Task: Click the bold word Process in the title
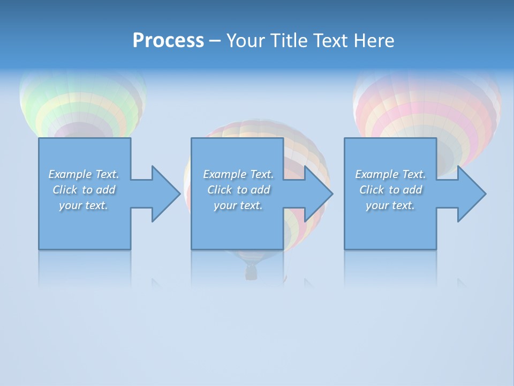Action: pos(168,41)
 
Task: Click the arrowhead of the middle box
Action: pos(318,194)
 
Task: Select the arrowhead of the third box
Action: pos(471,194)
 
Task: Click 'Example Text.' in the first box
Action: pos(84,174)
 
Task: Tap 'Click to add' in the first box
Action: pos(84,190)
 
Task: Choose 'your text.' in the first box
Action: pos(84,205)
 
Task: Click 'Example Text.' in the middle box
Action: pos(238,174)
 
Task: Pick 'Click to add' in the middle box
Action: pos(238,190)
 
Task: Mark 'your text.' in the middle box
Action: pos(238,205)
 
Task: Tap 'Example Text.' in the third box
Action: pos(390,174)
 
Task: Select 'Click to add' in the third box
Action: pos(390,190)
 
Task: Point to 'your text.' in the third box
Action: pos(390,205)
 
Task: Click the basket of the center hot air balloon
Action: pos(251,273)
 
